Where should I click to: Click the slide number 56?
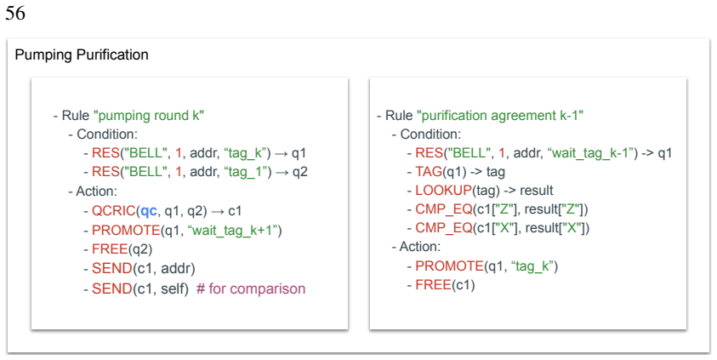15,13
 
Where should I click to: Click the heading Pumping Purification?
82,54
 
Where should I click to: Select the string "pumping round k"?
149,115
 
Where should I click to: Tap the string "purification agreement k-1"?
500,115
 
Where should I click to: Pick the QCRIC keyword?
114,211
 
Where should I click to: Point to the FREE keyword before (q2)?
109,249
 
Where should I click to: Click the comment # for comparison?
251,289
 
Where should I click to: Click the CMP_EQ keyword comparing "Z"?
443,209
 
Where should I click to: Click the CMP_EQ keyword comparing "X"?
443,228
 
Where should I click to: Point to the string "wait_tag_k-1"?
590,153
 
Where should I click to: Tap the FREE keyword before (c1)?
433,285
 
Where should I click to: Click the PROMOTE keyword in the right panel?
449,266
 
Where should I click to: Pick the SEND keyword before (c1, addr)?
112,269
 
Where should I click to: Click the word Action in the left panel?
95,191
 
